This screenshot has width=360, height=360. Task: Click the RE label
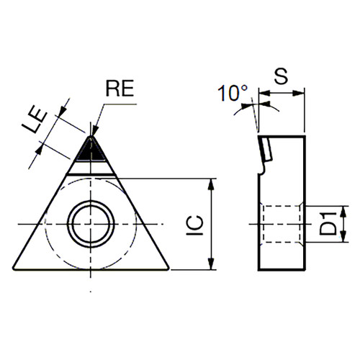click(120, 88)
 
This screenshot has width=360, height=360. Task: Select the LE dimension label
click(35, 121)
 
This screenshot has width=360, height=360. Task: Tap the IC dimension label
click(195, 225)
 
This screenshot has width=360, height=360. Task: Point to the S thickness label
click(281, 76)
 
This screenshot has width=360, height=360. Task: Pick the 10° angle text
click(233, 93)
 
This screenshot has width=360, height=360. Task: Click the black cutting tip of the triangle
click(91, 149)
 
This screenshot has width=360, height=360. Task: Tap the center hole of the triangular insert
click(91, 224)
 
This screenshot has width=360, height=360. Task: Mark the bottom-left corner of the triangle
click(14, 269)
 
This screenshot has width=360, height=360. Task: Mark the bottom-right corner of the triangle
click(168, 269)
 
